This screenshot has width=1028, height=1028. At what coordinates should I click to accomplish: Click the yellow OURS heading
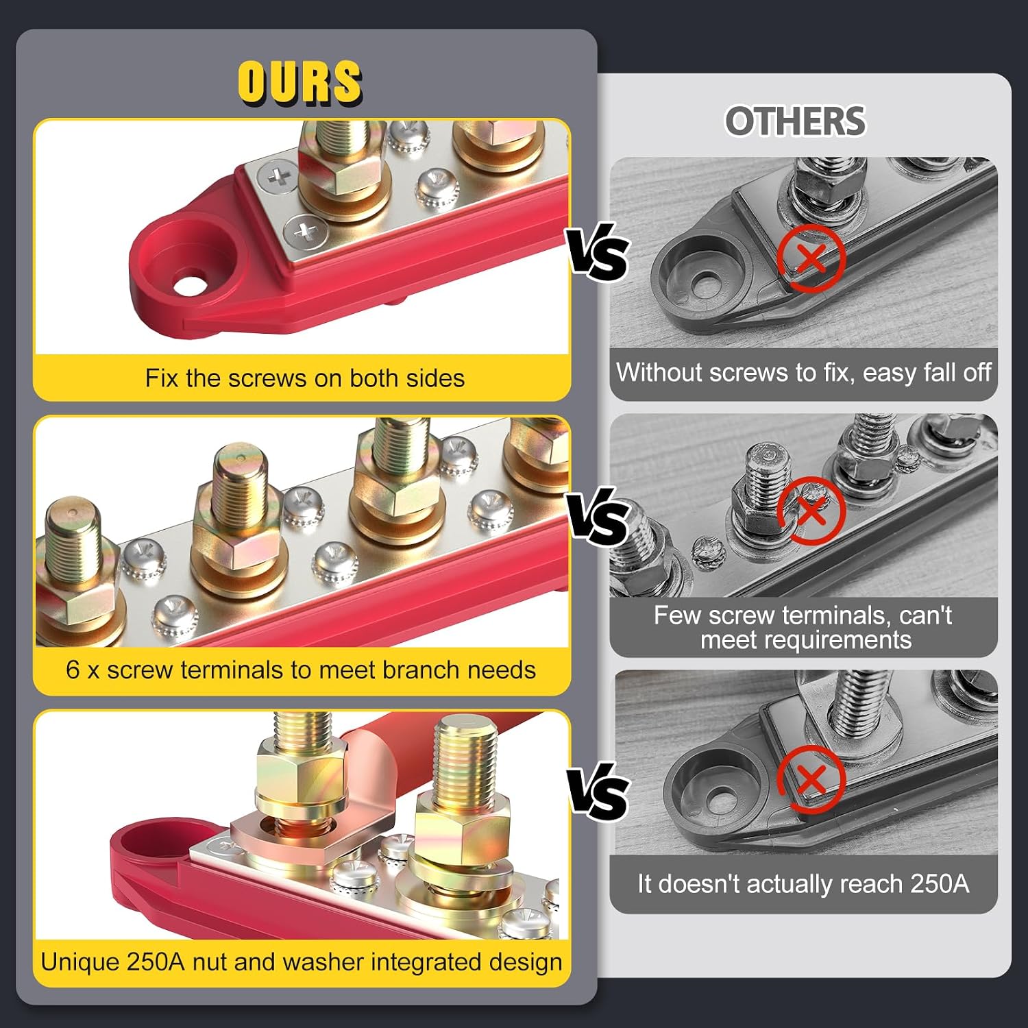[299, 82]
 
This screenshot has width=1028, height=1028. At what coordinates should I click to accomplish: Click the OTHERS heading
[796, 121]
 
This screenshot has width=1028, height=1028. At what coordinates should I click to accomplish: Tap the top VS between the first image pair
[597, 254]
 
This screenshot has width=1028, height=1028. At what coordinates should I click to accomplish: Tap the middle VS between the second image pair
[597, 518]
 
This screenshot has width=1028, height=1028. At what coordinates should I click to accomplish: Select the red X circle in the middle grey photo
[811, 510]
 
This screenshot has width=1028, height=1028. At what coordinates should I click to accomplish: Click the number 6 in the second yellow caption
[73, 670]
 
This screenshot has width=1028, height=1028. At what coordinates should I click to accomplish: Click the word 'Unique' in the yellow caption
[80, 962]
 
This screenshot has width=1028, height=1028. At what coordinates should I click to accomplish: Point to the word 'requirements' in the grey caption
[806, 640]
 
